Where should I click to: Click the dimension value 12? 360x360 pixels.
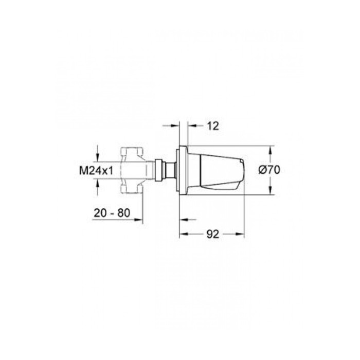tap(213, 126)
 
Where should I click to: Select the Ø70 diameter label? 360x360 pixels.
tap(269, 170)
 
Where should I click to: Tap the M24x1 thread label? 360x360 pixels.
tap(96, 171)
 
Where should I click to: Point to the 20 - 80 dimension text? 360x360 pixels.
tap(112, 213)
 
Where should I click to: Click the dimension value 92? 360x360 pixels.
tap(213, 234)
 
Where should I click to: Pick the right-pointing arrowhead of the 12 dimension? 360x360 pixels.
tap(175, 125)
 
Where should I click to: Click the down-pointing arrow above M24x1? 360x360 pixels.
tap(98, 158)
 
